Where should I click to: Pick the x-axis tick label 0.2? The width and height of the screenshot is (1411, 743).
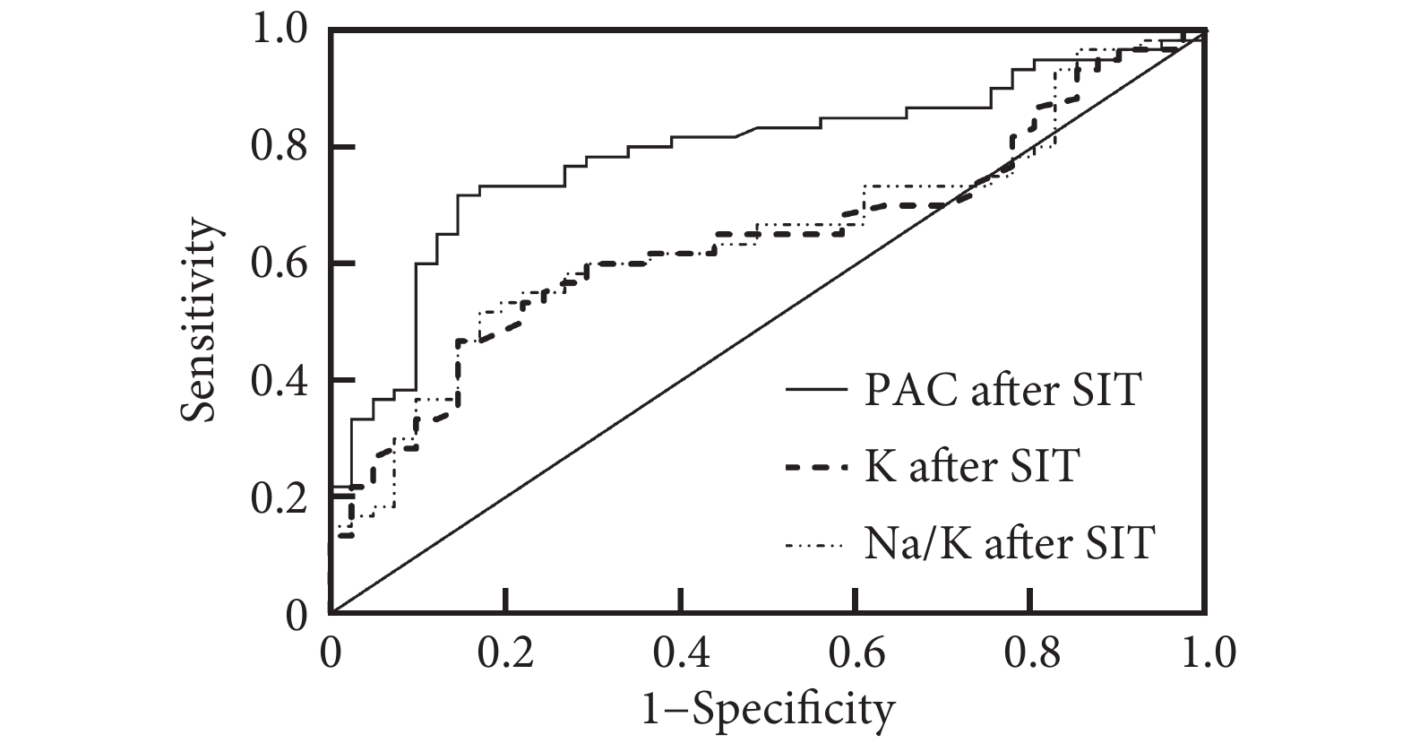(506, 652)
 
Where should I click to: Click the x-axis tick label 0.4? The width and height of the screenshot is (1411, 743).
(682, 652)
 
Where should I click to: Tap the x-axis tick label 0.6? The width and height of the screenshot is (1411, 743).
(856, 652)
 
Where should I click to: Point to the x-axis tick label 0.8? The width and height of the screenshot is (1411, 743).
(1031, 652)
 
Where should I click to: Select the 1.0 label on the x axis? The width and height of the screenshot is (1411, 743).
(1206, 652)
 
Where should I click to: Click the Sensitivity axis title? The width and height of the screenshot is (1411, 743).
(201, 321)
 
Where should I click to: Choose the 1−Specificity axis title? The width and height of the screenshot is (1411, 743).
(769, 710)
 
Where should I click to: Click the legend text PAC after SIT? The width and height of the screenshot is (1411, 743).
(1002, 391)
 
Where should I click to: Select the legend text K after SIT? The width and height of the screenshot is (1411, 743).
(971, 467)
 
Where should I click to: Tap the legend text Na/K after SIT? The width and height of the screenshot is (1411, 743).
(1010, 542)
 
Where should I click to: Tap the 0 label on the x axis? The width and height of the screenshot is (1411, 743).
(331, 652)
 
